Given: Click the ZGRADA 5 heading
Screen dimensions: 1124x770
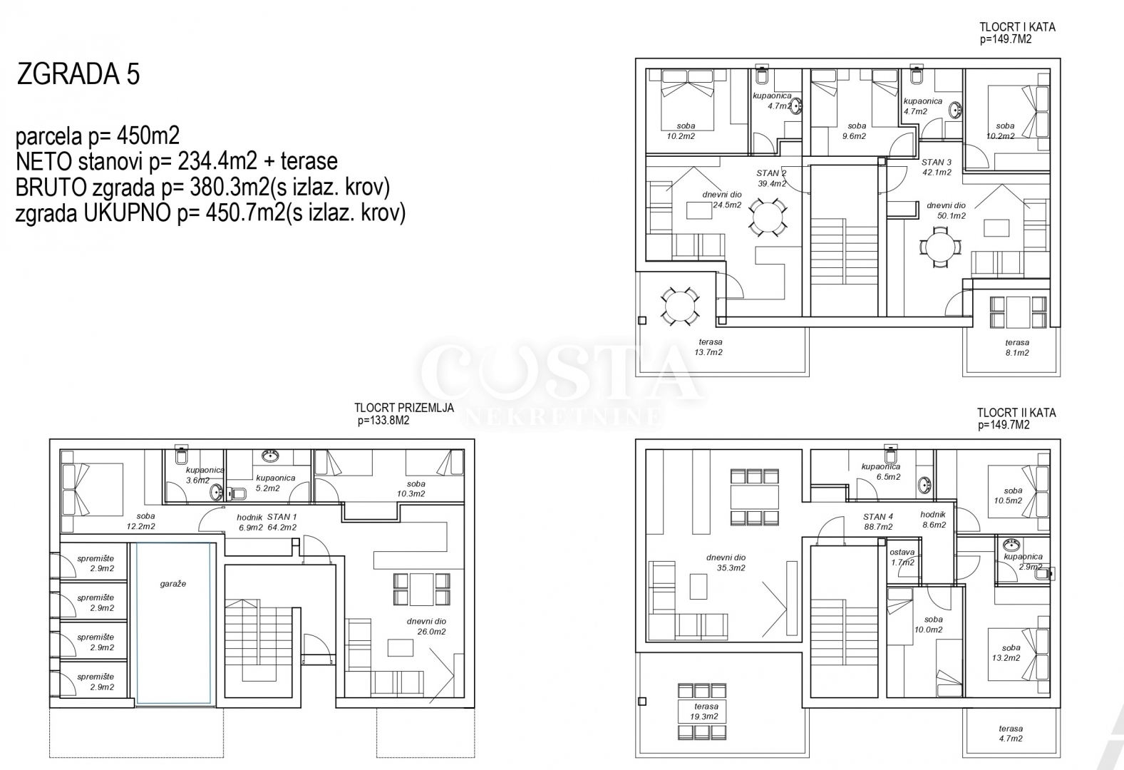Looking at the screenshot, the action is click(78, 73).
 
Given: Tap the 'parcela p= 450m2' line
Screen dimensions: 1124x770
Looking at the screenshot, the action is click(98, 135).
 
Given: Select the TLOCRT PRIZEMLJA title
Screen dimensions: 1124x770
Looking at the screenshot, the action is click(404, 408).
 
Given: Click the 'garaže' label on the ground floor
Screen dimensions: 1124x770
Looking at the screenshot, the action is click(173, 584).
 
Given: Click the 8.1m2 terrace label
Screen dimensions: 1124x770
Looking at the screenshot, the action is click(1017, 348).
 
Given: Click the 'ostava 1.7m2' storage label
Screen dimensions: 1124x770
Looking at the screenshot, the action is click(902, 557).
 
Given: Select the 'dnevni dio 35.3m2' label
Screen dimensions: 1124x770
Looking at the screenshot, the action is click(726, 563).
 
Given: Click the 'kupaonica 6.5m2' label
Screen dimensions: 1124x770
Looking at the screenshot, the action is click(881, 472).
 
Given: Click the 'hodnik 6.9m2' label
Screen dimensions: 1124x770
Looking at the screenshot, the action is click(250, 522).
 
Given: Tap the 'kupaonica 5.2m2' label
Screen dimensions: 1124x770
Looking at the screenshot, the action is click(276, 483).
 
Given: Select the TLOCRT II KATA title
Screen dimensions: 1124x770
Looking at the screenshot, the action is click(1016, 419).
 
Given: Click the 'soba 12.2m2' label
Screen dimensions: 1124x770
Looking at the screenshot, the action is click(141, 521).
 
